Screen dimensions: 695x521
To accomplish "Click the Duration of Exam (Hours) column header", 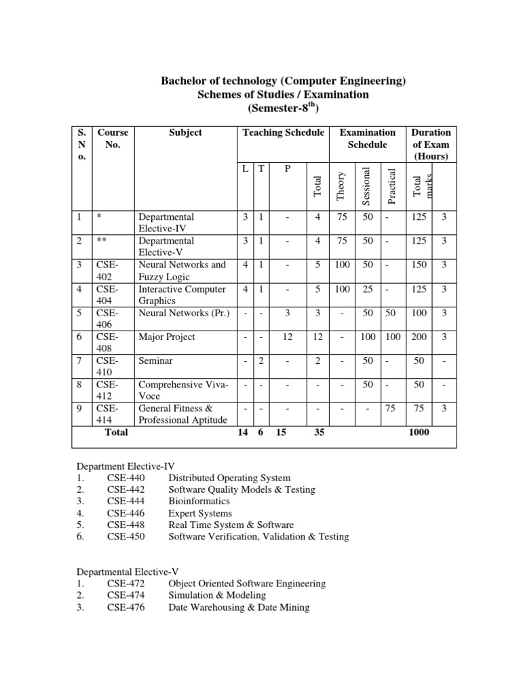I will [x=430, y=145].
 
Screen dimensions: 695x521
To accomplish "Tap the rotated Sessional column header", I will [x=366, y=185].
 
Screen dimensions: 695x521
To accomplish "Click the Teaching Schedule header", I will [x=283, y=132].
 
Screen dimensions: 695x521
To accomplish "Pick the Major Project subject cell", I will [x=166, y=337].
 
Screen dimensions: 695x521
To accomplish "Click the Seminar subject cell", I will [x=155, y=361].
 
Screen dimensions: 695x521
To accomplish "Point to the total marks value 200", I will [x=419, y=337].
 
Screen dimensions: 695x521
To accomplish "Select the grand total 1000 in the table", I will [x=419, y=432].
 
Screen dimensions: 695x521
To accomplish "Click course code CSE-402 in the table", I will [x=107, y=271].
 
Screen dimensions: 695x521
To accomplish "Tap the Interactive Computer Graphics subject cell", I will [x=182, y=295].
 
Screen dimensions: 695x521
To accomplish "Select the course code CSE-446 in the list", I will [x=126, y=513].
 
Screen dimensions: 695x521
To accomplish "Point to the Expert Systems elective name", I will [x=200, y=513].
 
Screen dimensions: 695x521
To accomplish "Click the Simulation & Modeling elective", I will [x=217, y=595].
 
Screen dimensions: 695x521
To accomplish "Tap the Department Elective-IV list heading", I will [x=126, y=466].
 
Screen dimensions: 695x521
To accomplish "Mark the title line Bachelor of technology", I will [x=283, y=81].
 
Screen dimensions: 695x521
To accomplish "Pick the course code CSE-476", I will [x=126, y=607].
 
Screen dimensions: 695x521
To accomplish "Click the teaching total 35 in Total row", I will [x=319, y=432].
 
